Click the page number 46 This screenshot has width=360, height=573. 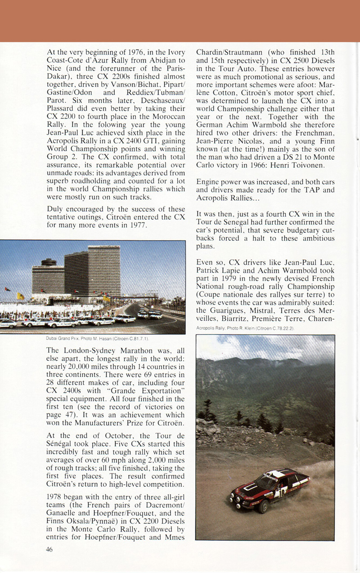[50, 549]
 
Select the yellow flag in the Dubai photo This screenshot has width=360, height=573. [20, 296]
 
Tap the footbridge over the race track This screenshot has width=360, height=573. [135, 297]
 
